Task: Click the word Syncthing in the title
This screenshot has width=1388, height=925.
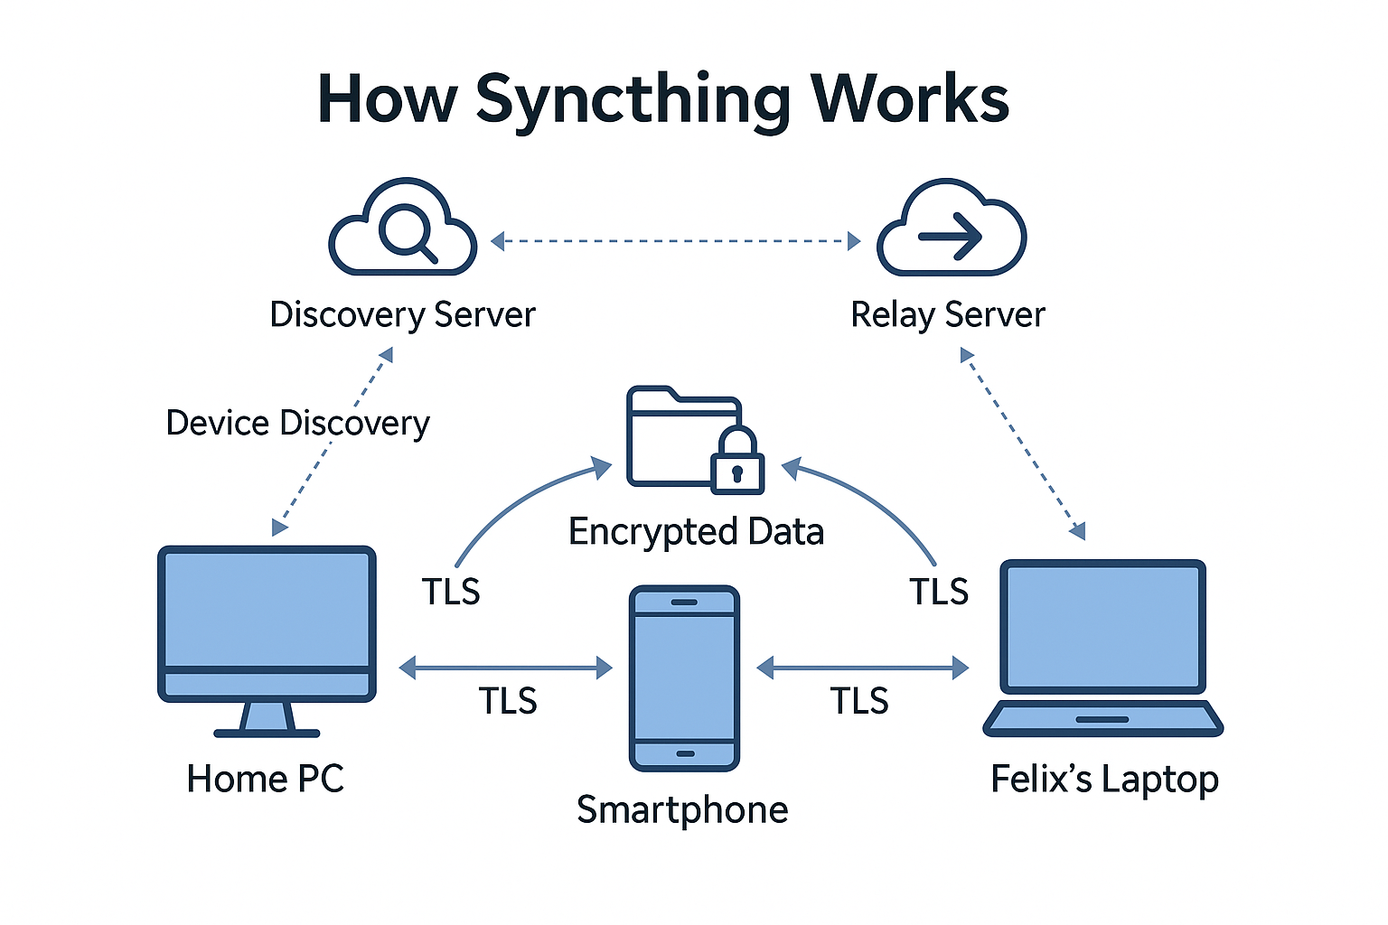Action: click(633, 99)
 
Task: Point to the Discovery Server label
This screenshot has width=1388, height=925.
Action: click(402, 315)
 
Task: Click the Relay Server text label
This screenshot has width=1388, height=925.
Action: click(947, 315)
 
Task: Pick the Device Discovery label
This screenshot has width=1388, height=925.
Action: click(297, 423)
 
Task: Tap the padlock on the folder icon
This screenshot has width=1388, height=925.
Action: click(737, 462)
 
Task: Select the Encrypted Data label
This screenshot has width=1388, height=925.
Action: click(696, 531)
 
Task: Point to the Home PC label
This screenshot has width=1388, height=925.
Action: click(265, 779)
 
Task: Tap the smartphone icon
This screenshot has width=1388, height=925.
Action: click(684, 677)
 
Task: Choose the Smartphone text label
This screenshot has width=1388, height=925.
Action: click(682, 809)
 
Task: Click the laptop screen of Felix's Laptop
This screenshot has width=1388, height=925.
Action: click(1102, 626)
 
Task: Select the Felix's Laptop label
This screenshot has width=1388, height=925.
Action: click(1104, 779)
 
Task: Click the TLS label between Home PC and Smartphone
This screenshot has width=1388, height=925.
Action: click(508, 701)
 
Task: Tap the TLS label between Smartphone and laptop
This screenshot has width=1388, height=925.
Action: click(859, 701)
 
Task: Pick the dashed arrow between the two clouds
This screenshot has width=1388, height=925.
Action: click(675, 241)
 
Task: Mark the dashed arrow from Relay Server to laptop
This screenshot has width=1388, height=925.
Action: click(1024, 444)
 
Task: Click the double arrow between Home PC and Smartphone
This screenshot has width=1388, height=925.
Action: click(505, 668)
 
